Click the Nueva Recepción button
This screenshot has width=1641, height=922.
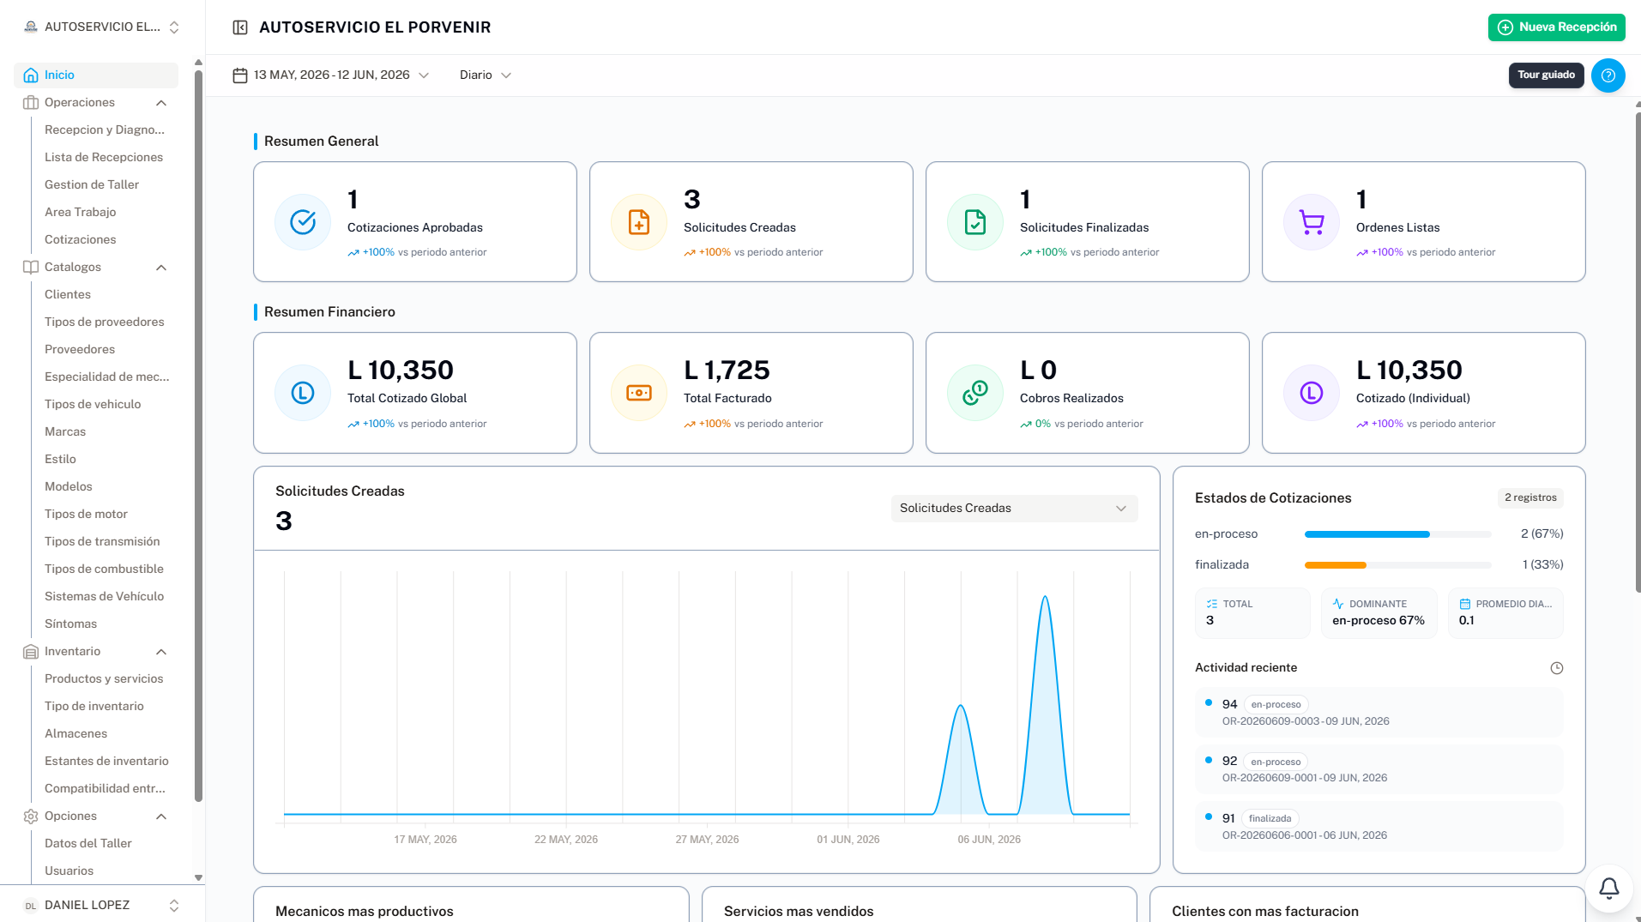[1556, 27]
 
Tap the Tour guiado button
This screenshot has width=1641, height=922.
[1546, 75]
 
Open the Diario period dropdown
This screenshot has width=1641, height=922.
[486, 75]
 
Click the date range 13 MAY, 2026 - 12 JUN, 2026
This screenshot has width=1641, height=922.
[331, 75]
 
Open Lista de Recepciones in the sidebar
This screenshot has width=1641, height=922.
[104, 158]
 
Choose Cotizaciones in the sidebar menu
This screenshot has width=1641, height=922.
[80, 240]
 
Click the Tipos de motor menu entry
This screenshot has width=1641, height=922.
[86, 515]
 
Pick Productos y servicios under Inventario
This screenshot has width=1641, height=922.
[104, 679]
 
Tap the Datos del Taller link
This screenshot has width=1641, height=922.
[88, 844]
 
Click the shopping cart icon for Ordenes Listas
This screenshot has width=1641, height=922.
[1312, 222]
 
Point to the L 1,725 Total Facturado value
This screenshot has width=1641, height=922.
[727, 371]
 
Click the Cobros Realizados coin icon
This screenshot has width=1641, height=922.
[975, 393]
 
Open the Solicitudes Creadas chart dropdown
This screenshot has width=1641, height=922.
[1014, 509]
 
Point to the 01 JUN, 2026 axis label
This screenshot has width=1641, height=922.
[848, 840]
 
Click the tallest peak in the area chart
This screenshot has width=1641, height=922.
[1045, 597]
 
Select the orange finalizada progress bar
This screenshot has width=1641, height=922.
[1335, 565]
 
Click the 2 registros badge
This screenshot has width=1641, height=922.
[1530, 498]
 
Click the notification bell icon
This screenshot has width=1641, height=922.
[1609, 889]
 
